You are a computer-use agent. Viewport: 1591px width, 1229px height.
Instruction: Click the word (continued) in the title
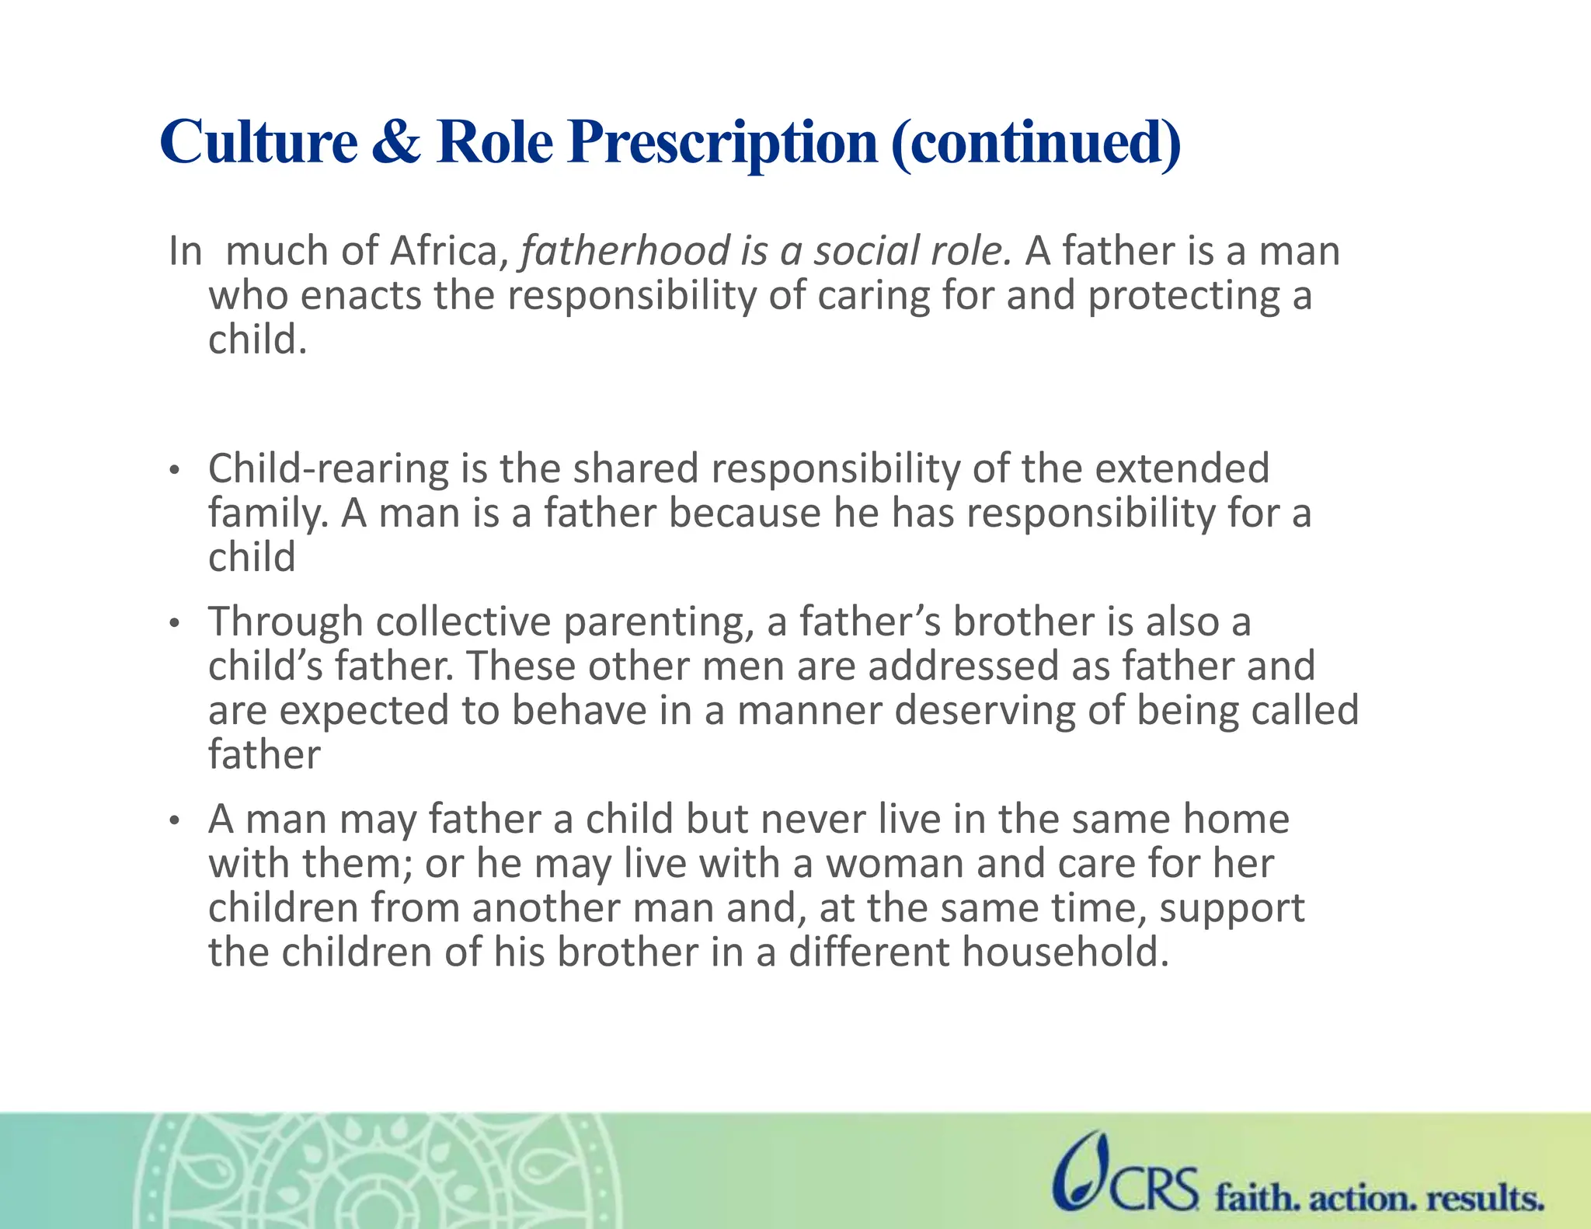(1036, 144)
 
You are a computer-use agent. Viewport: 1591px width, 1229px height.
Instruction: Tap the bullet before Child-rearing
(176, 470)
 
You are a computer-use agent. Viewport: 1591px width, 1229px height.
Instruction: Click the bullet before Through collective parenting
(176, 623)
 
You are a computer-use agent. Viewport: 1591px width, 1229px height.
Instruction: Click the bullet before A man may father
(176, 820)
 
